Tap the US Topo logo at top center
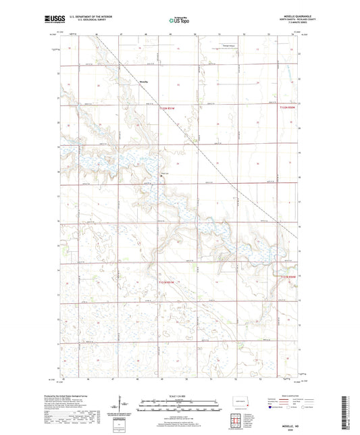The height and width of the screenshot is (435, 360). pyautogui.click(x=179, y=21)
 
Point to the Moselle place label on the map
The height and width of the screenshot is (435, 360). pyautogui.click(x=143, y=82)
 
